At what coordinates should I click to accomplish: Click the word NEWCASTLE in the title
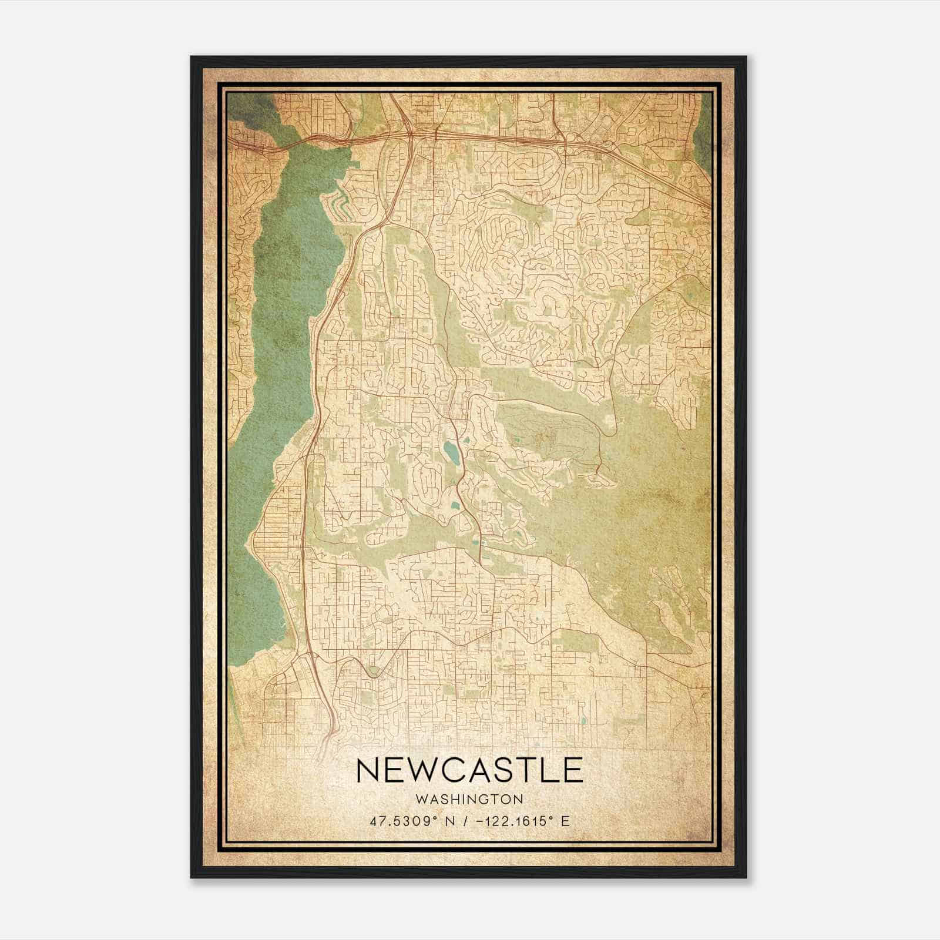(x=469, y=771)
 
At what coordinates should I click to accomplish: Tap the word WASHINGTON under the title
(x=469, y=800)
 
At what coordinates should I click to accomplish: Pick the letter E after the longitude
(x=565, y=821)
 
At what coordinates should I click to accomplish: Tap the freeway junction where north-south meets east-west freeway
(x=409, y=135)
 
